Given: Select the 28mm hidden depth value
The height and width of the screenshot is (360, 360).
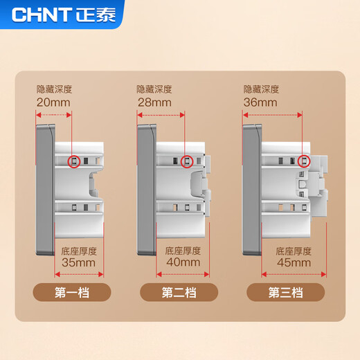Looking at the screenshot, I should [154, 102].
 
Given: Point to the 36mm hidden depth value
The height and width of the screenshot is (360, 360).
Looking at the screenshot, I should [261, 102].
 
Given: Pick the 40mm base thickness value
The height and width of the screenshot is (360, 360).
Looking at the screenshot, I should [183, 262].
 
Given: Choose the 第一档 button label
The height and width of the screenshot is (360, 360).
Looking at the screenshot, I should [73, 292].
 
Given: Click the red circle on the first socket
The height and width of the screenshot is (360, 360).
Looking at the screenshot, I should [73, 162].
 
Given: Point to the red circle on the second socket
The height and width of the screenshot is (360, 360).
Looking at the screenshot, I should [186, 162].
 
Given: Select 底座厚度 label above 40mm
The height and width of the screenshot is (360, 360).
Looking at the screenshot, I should [183, 250].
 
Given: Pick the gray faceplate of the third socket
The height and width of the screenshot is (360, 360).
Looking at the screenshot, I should [251, 187].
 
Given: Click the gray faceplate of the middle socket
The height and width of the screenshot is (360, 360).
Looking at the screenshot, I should [146, 187].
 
